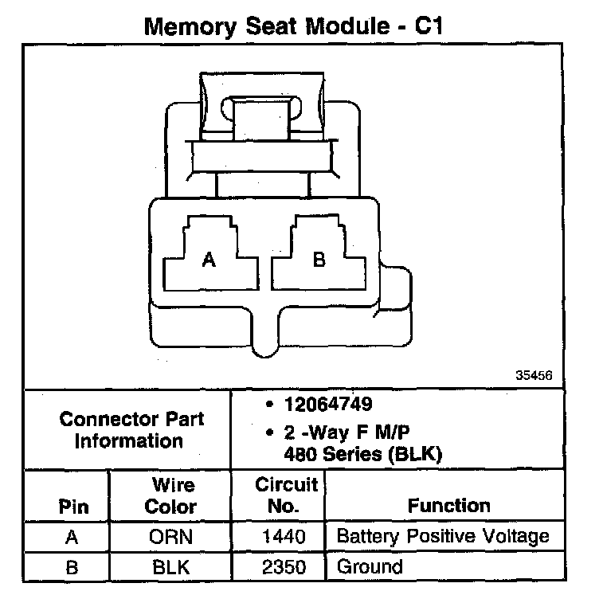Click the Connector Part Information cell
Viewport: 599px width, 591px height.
[x=131, y=429]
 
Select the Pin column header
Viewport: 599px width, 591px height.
[x=72, y=507]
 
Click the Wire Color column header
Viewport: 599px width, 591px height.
[x=172, y=495]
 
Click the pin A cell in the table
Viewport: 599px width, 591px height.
[x=72, y=537]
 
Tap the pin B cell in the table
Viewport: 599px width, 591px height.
[x=72, y=566]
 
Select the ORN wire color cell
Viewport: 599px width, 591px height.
[x=171, y=537]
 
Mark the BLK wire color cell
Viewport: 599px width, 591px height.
[x=171, y=566]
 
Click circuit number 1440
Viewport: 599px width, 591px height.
[x=284, y=537]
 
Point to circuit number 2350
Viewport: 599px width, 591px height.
[x=284, y=566]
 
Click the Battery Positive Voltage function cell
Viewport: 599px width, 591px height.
[x=443, y=536]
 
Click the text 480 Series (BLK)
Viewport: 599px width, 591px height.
[x=362, y=455]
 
